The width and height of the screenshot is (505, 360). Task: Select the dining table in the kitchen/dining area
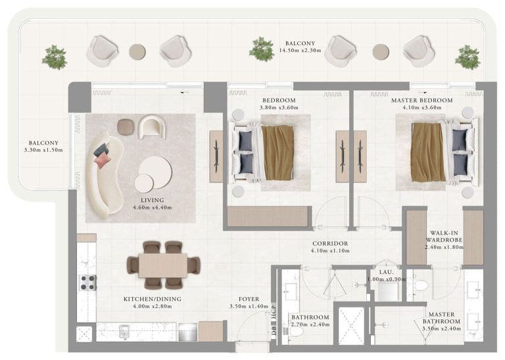click(162, 265)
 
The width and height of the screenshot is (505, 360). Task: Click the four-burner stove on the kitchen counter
click(88, 282)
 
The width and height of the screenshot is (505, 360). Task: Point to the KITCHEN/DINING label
click(153, 299)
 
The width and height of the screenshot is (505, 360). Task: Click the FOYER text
click(249, 299)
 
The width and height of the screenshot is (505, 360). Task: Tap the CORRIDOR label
click(330, 244)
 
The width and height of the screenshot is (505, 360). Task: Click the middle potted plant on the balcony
click(262, 49)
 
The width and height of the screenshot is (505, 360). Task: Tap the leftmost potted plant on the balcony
click(55, 57)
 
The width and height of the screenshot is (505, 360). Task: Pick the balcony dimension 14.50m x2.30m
click(300, 50)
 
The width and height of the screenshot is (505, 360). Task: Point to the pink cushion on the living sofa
click(101, 158)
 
